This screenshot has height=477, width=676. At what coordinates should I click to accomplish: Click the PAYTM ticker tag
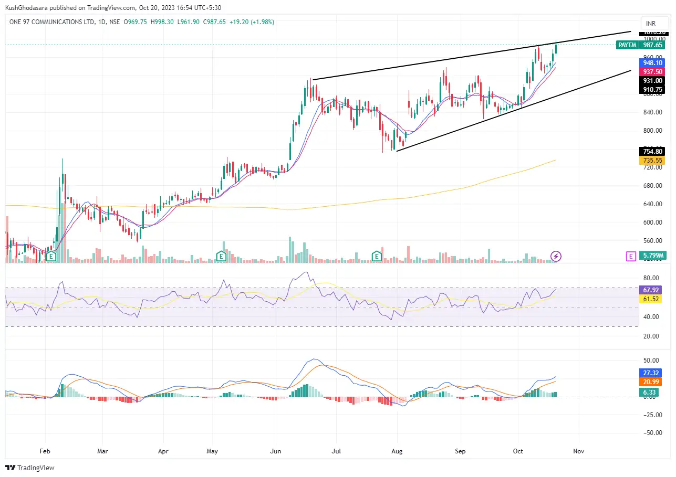pyautogui.click(x=627, y=45)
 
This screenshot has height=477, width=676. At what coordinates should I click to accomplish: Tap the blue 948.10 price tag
pyautogui.click(x=652, y=62)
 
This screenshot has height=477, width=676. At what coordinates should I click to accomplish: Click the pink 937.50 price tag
pyautogui.click(x=652, y=71)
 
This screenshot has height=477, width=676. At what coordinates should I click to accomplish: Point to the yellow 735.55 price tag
pyautogui.click(x=652, y=161)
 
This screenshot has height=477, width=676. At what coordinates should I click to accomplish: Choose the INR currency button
pyautogui.click(x=651, y=24)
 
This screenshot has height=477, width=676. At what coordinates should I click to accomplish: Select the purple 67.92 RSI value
pyautogui.click(x=652, y=290)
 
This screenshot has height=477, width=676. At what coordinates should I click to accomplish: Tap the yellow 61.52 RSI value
pyautogui.click(x=652, y=299)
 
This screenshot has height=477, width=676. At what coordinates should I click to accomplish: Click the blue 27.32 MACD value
pyautogui.click(x=652, y=373)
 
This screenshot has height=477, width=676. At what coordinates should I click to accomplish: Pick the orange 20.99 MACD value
pyautogui.click(x=652, y=381)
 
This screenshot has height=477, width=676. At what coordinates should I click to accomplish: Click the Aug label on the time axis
pyautogui.click(x=397, y=451)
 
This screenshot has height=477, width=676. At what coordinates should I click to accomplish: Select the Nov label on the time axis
pyautogui.click(x=578, y=451)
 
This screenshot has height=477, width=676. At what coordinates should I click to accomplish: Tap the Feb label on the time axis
pyautogui.click(x=45, y=451)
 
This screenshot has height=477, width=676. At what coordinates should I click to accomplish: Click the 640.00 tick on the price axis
pyautogui.click(x=651, y=204)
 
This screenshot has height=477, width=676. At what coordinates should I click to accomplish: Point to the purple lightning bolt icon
pyautogui.click(x=556, y=256)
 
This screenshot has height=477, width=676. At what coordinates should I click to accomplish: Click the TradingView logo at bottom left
pyautogui.click(x=30, y=468)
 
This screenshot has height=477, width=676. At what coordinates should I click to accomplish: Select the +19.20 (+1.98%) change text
pyautogui.click(x=252, y=22)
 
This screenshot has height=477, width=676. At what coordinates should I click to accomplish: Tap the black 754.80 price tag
pyautogui.click(x=652, y=151)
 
